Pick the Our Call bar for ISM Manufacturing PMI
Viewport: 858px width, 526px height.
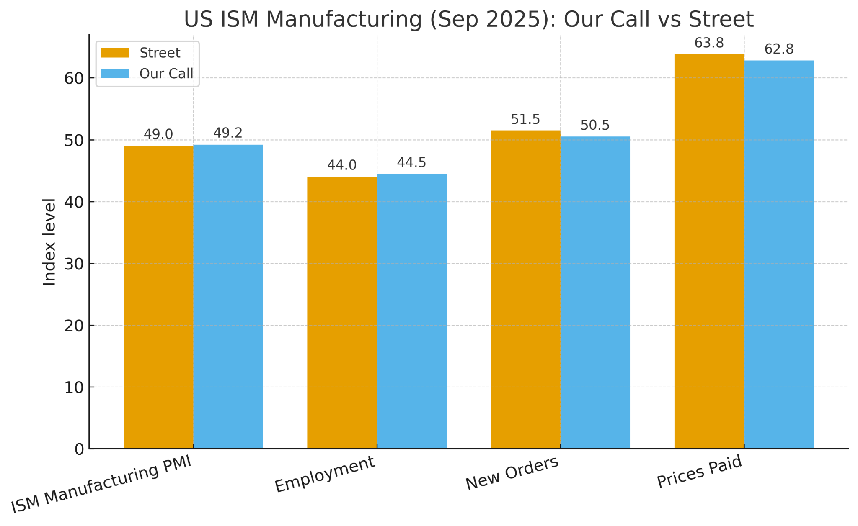[228, 297]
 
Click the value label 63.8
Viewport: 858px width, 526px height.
[709, 43]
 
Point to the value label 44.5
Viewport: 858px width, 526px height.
[411, 163]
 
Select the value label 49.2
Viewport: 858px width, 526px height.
[228, 133]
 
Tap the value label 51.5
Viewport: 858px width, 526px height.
[525, 120]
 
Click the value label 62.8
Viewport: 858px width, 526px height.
[779, 49]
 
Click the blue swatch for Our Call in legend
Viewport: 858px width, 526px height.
[115, 74]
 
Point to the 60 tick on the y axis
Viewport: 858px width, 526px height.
[74, 79]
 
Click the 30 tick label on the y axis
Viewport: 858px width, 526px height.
[74, 264]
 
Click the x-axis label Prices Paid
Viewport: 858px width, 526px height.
[699, 472]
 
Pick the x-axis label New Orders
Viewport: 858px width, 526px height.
[512, 473]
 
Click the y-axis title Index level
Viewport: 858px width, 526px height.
[49, 242]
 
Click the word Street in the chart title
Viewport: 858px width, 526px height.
[721, 19]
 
